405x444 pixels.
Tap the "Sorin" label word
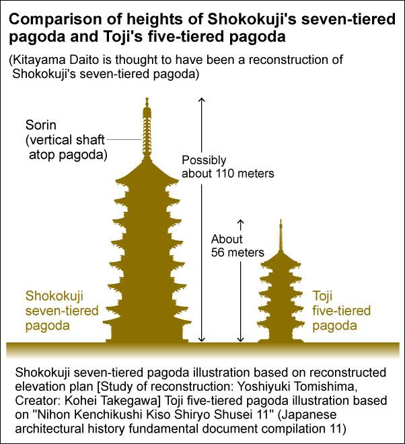tap(41, 125)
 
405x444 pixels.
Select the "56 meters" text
tap(237, 252)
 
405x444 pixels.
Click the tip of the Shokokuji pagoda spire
tap(147, 98)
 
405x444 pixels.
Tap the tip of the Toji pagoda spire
tap(281, 219)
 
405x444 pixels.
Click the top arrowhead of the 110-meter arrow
tap(201, 98)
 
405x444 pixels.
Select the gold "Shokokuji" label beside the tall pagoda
tap(54, 296)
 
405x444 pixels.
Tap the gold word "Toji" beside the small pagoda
tap(322, 296)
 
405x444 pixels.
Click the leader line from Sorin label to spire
tap(124, 140)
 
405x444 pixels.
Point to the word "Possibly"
tap(204, 161)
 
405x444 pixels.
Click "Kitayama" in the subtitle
tap(34, 60)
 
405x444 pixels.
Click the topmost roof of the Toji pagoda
tap(281, 259)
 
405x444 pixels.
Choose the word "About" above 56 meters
tap(227, 239)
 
